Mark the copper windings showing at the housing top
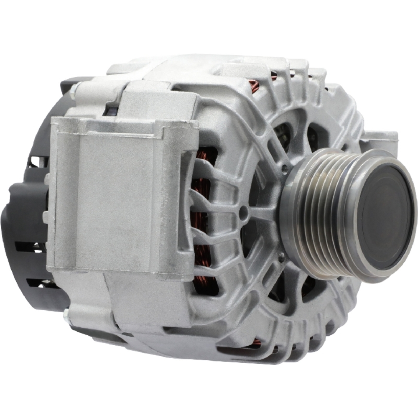point(253,86)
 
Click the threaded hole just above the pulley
point(285,168)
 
